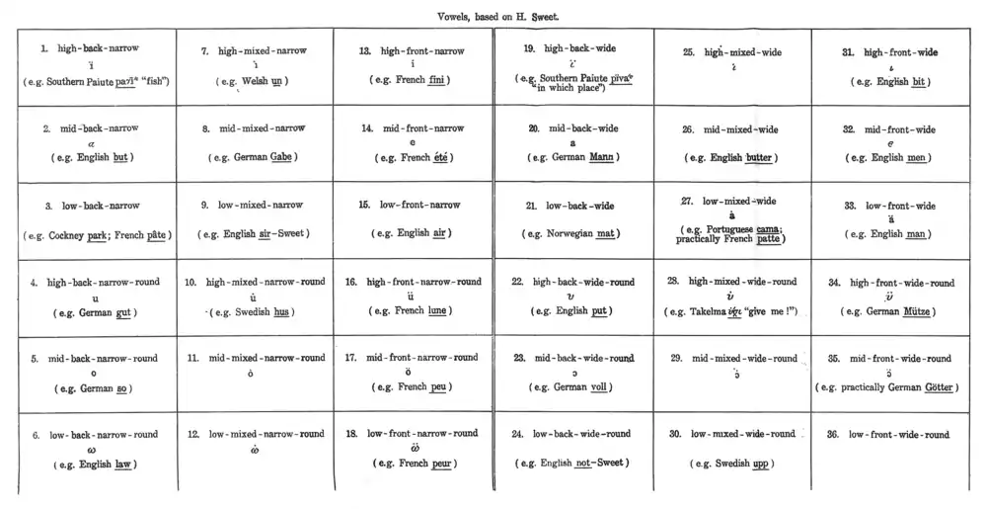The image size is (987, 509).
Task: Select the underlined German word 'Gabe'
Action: (280, 157)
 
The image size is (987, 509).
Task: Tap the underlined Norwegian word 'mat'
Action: (605, 234)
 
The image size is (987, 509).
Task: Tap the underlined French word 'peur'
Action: (439, 464)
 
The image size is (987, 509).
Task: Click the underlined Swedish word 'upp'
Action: (758, 464)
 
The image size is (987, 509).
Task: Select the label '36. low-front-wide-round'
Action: (900, 435)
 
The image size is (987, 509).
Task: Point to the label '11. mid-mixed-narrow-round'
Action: (256, 358)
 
